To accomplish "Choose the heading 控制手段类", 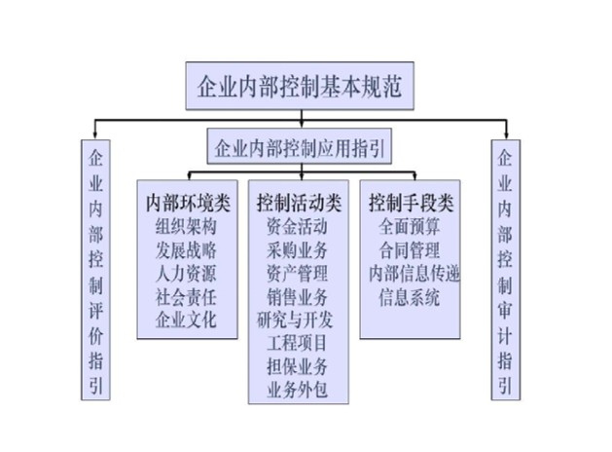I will pos(411,204).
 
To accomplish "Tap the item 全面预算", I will pos(410,227).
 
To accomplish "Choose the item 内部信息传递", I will pos(410,274).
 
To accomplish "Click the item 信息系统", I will pos(410,297).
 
